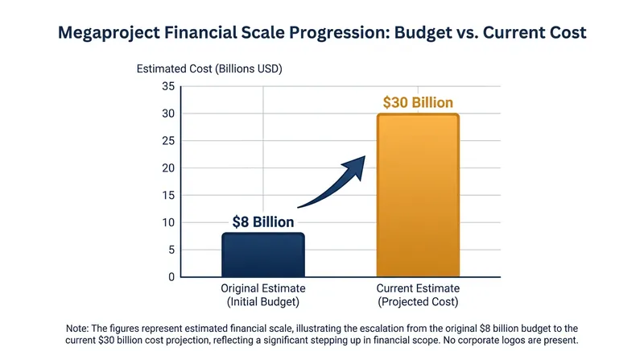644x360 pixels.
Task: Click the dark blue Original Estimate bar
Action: tap(263, 254)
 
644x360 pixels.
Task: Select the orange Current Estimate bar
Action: tap(418, 195)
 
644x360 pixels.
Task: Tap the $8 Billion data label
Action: tap(263, 222)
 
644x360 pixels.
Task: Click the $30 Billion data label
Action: tap(418, 102)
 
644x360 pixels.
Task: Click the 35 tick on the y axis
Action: tap(168, 86)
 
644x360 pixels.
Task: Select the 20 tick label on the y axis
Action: tap(168, 168)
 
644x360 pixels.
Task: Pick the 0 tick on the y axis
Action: tap(171, 277)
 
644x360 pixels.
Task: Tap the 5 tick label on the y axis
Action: tap(171, 250)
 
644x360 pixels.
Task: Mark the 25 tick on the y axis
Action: tap(168, 141)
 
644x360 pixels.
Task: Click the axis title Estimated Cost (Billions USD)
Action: tap(209, 68)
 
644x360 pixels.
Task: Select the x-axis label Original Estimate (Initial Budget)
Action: tap(263, 295)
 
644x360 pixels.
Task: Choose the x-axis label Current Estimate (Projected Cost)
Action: tap(418, 295)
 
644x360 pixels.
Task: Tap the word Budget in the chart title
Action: tap(423, 33)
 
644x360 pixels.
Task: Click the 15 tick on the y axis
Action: tap(168, 195)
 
